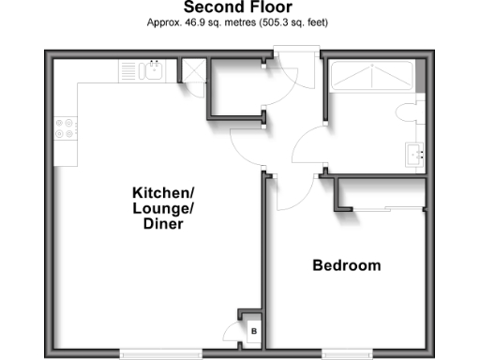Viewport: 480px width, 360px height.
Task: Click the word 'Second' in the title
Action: pos(211,7)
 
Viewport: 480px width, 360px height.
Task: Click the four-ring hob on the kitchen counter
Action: pos(66,129)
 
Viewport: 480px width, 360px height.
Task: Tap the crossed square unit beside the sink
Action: pos(192,71)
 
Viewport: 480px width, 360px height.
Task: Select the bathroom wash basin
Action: pos(416,153)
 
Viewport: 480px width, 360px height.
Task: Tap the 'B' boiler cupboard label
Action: pos(252,332)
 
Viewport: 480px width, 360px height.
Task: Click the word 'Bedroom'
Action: pos(346,265)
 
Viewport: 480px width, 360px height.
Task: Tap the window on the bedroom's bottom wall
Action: pos(360,353)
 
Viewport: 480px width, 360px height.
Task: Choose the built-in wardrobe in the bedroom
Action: pos(380,194)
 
